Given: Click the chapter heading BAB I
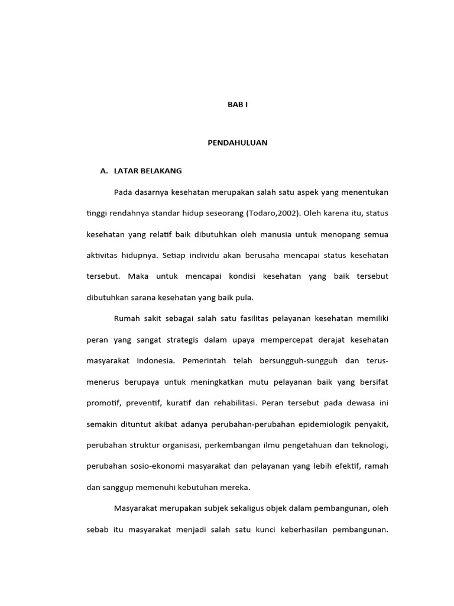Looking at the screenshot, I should coord(238,104).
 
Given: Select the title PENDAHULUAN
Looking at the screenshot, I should coord(238,143).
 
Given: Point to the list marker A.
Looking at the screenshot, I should coord(104,171).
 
